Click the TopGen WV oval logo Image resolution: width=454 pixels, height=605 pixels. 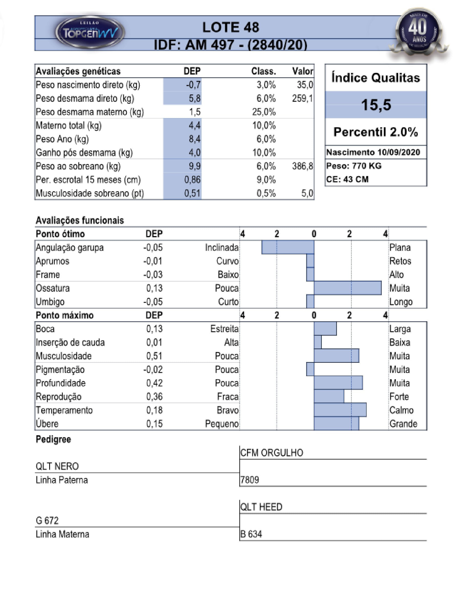[x=90, y=32]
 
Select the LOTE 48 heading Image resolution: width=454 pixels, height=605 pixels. [x=230, y=27]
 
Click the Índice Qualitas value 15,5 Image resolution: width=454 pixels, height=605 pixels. [x=376, y=105]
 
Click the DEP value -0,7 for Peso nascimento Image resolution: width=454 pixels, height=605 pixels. [x=193, y=85]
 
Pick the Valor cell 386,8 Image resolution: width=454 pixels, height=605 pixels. [x=302, y=166]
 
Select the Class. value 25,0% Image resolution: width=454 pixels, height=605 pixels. [x=264, y=112]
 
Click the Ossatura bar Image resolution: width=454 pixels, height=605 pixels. [x=348, y=288]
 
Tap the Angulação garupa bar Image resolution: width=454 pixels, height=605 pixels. [x=288, y=247]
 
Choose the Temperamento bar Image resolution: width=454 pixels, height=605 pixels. [x=340, y=410]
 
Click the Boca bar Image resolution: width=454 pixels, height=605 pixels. [x=325, y=328]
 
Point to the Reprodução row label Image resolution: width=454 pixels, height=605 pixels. [x=59, y=397]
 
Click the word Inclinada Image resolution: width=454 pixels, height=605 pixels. [x=222, y=248]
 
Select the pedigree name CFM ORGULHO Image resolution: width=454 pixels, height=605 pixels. [x=272, y=453]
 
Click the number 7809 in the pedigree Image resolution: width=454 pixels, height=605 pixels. [x=250, y=480]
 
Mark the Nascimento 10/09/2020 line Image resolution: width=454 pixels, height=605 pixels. [x=373, y=152]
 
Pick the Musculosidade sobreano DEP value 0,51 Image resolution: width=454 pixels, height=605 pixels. [x=192, y=193]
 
